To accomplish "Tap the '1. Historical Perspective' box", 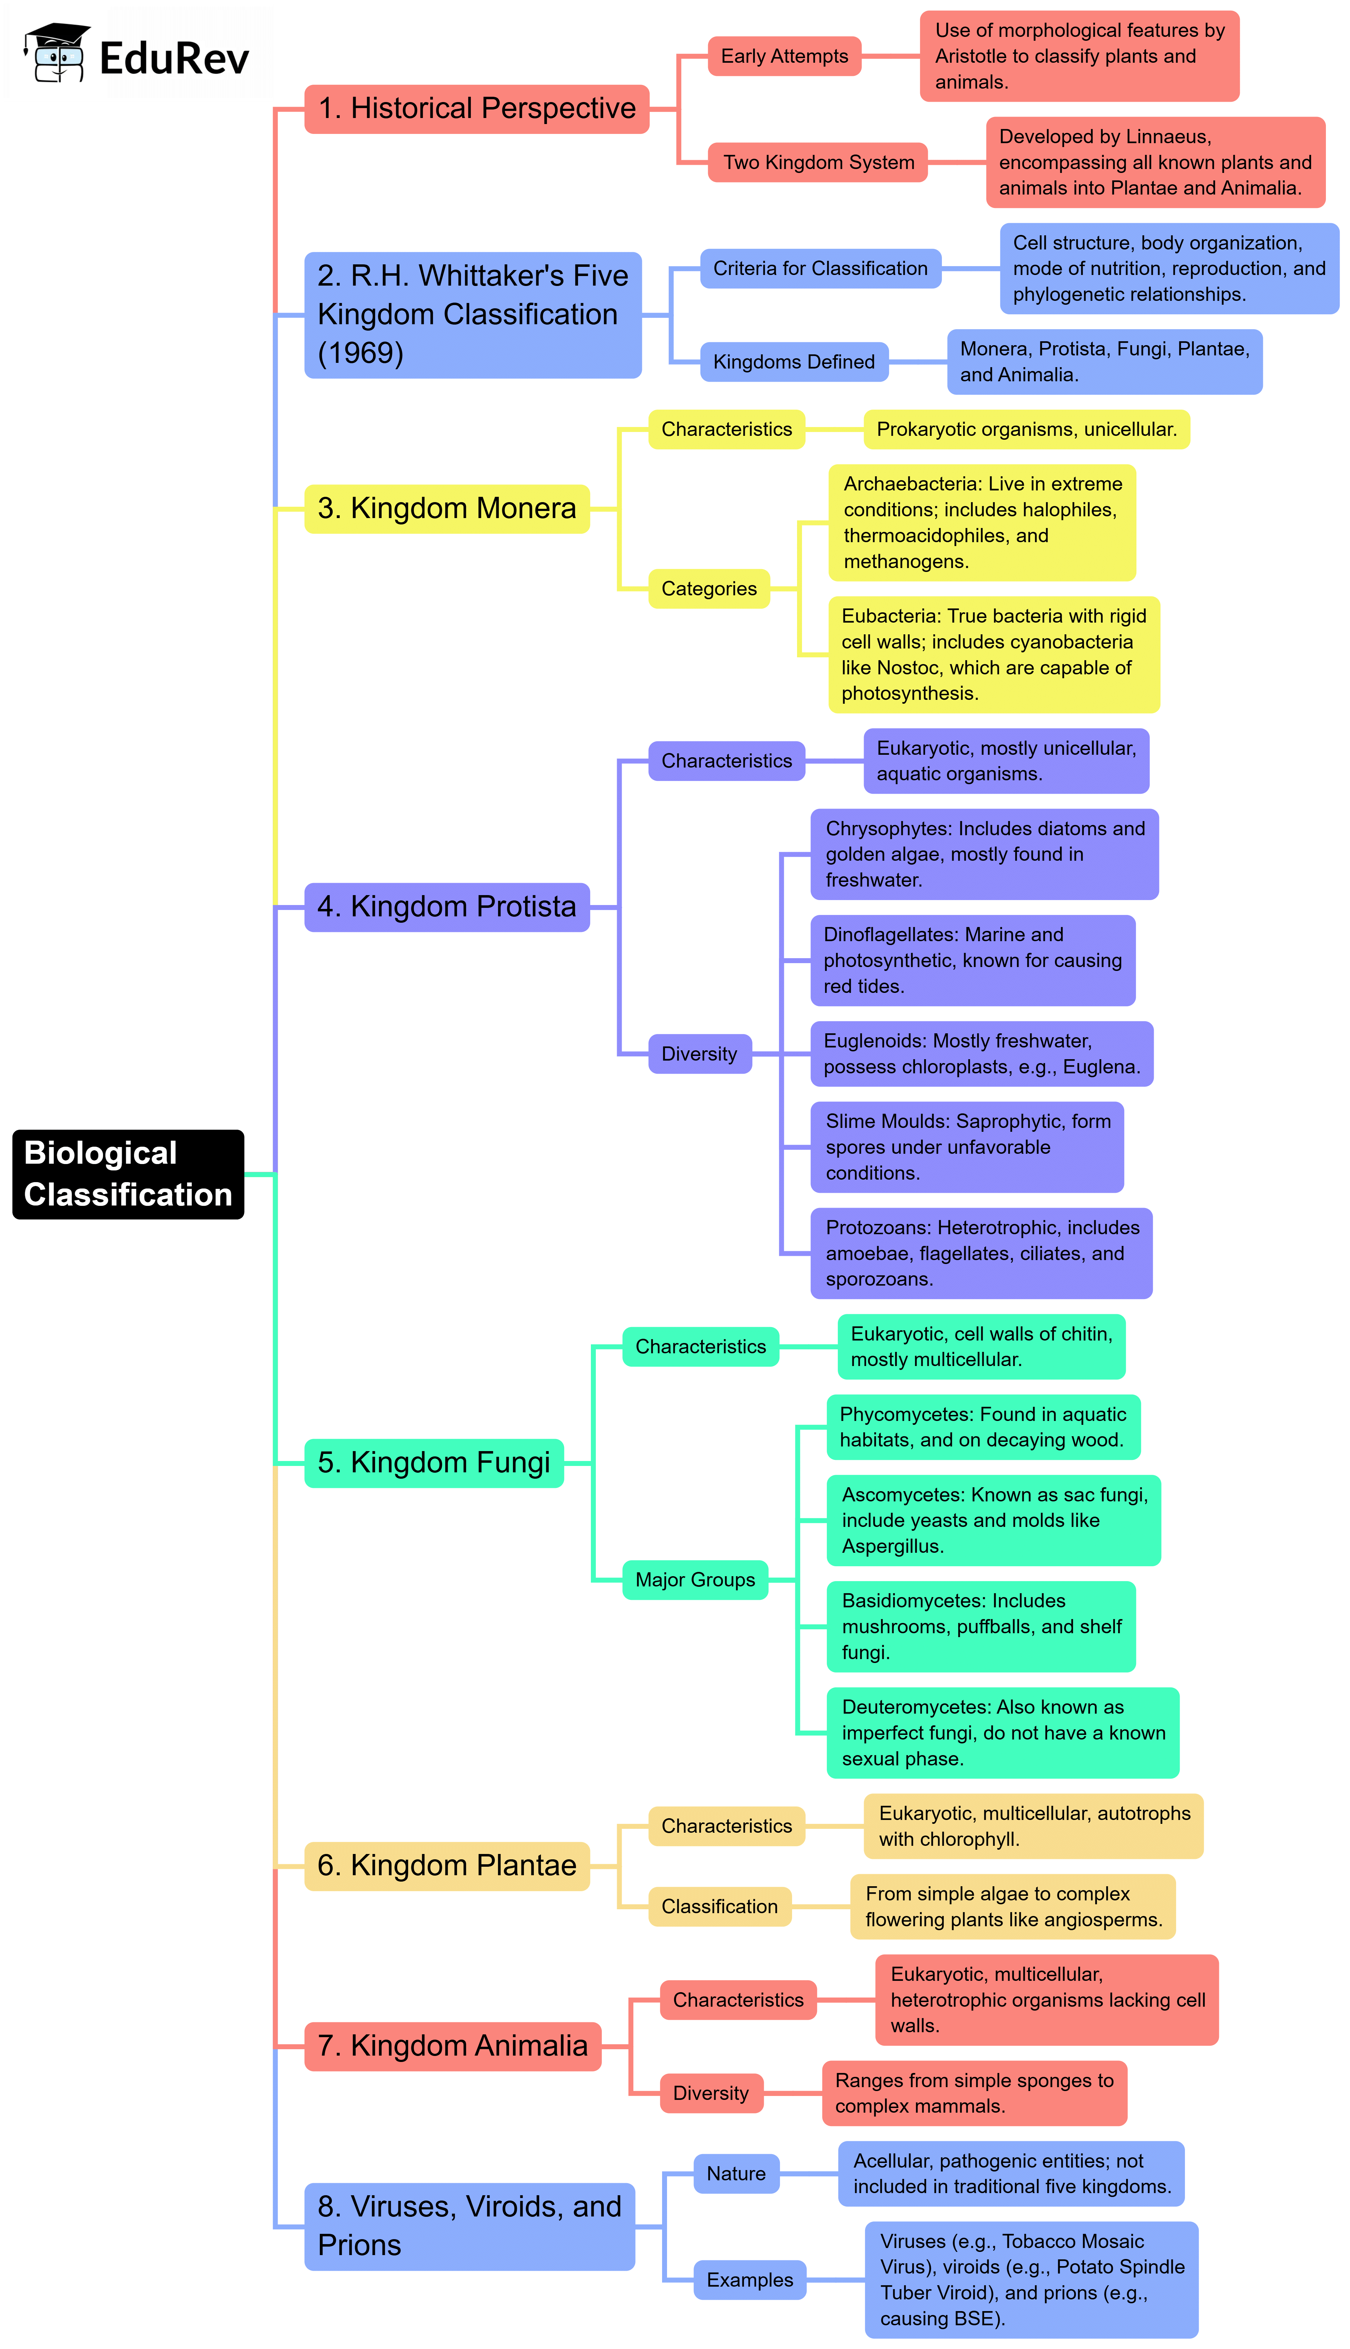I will (476, 108).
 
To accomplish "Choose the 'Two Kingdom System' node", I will (818, 162).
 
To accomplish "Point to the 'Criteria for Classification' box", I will (820, 269).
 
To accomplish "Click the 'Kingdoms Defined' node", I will (794, 362).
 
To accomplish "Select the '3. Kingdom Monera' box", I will (447, 508).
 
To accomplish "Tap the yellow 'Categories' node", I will (708, 589).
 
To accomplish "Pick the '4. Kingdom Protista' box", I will (447, 906).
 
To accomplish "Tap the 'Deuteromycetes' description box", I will (1002, 1732).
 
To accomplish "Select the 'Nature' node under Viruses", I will (736, 2174).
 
